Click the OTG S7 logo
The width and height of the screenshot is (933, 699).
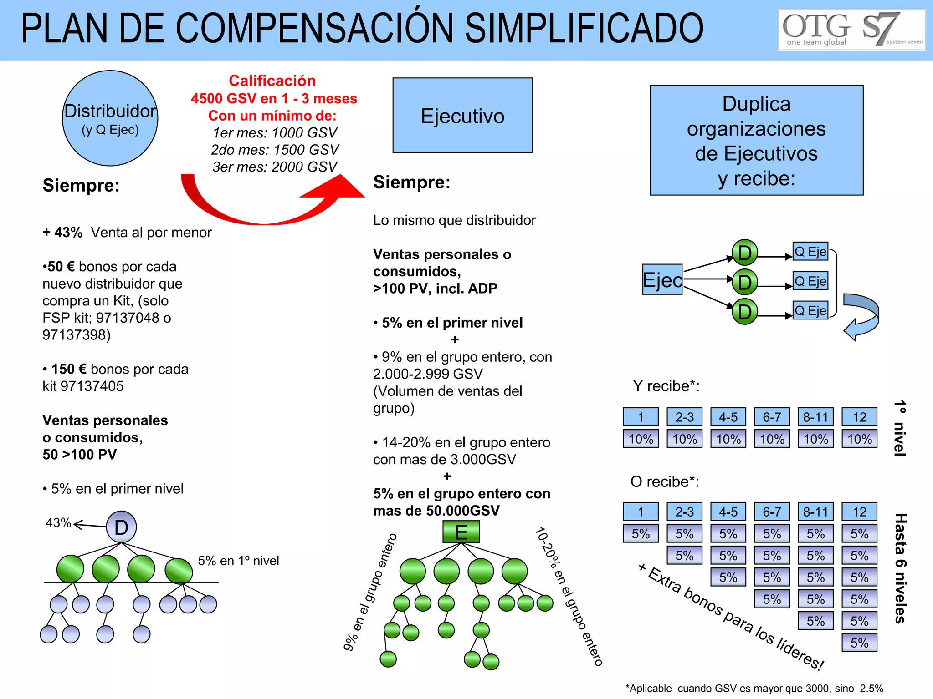coord(851,30)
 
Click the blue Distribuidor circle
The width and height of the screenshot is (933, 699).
coord(110,118)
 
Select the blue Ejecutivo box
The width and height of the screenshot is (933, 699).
coord(462,116)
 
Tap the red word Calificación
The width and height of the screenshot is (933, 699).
coord(272,81)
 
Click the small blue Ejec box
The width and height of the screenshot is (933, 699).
coord(662,279)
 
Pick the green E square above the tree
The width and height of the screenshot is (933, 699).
coord(461,532)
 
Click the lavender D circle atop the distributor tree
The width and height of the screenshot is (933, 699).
coord(121,527)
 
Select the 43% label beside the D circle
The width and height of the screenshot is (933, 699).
coord(58,523)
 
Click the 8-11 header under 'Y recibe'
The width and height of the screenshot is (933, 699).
coord(815,417)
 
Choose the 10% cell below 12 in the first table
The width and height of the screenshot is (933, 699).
coord(859,439)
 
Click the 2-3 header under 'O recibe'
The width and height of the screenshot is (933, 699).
coord(684,512)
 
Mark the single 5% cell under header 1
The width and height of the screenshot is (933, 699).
coord(641,534)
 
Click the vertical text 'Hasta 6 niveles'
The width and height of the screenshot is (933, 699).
coord(900,568)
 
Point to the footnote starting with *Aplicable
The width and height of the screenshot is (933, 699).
coord(754,689)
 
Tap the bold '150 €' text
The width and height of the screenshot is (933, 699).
coord(69,369)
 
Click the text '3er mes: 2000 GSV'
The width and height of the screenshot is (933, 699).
coord(275,167)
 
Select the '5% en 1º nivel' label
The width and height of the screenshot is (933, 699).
coord(238,561)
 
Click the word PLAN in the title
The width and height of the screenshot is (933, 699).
coord(64,29)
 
